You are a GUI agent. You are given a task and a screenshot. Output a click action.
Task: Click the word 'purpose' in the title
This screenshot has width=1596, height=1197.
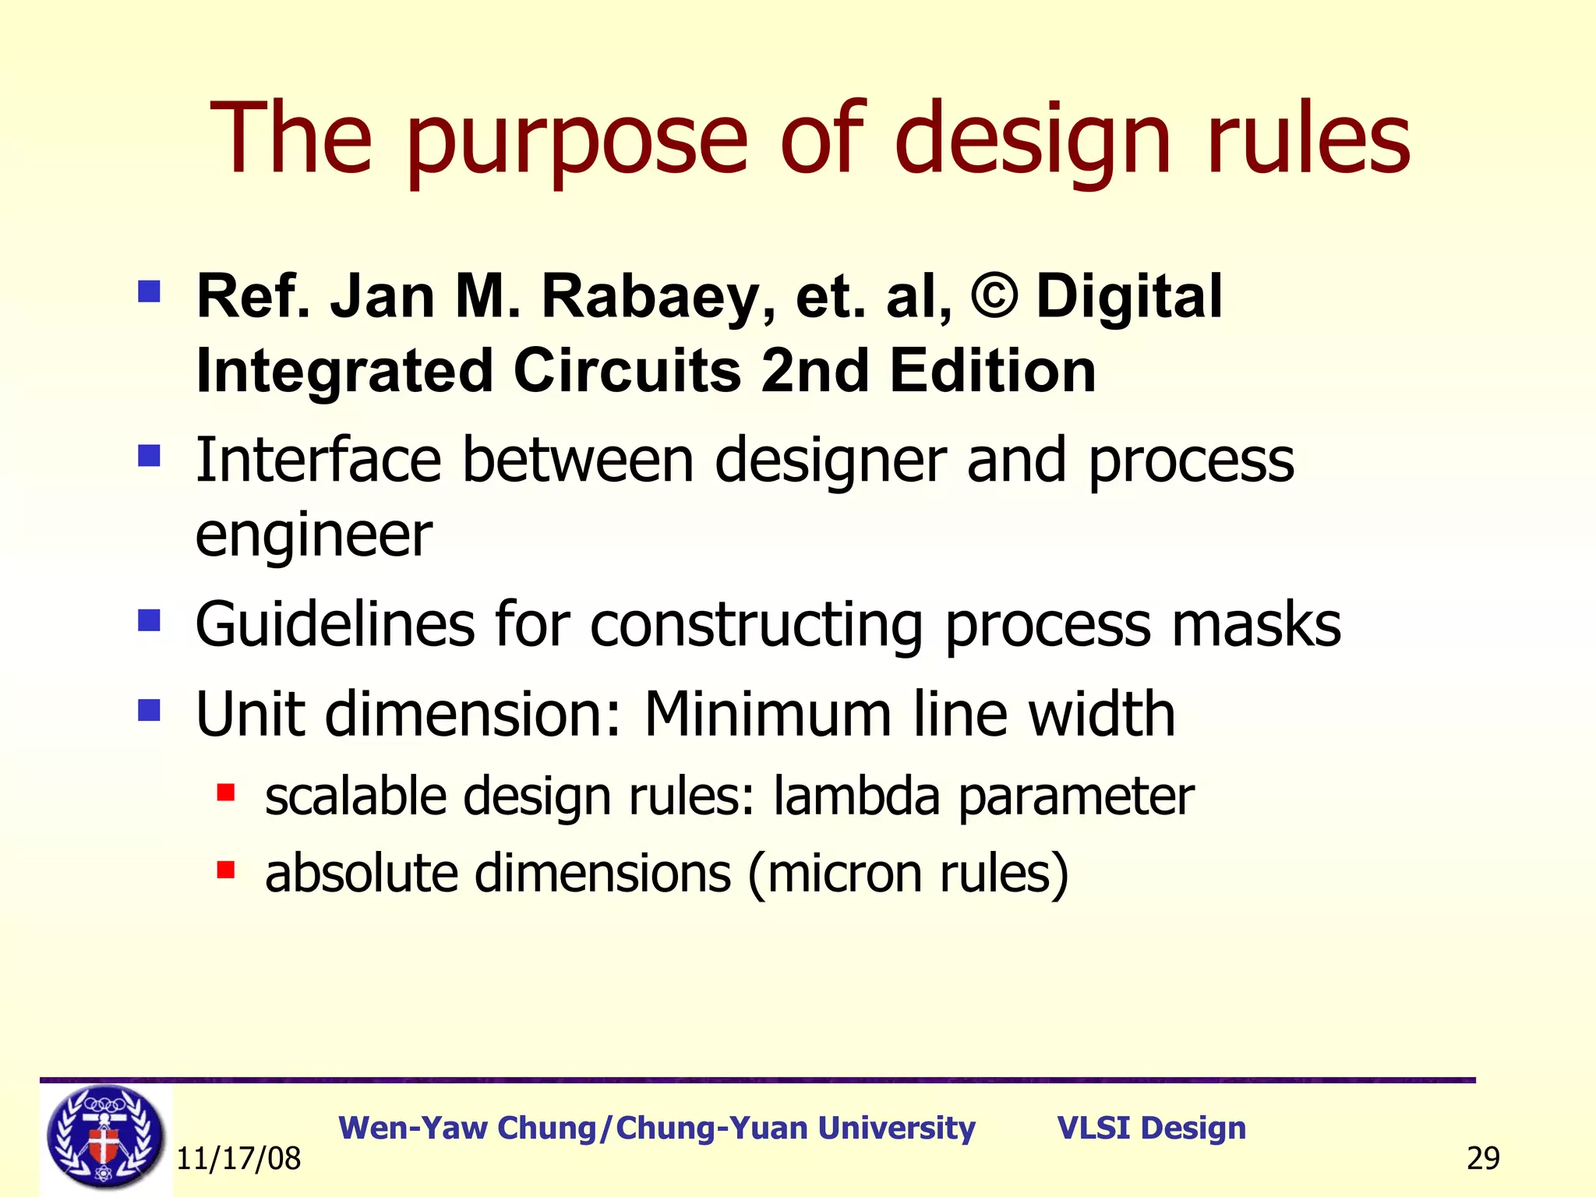[577, 140]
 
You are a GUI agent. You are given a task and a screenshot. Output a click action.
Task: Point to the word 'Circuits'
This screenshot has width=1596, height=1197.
[627, 371]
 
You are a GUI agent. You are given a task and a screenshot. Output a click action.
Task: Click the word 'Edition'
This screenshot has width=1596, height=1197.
[993, 371]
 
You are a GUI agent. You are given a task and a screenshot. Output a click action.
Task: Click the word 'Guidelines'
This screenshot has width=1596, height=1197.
[334, 624]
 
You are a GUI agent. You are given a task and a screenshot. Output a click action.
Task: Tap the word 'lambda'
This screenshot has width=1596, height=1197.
[856, 796]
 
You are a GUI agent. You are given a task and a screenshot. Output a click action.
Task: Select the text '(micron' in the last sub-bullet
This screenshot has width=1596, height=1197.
[835, 873]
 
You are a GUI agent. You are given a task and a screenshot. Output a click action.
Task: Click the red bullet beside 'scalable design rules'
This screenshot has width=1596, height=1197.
[226, 793]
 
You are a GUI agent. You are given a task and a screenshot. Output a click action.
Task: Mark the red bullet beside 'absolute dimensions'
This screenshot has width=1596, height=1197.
[226, 870]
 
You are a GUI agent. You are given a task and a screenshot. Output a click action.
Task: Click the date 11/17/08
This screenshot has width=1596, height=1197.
[238, 1159]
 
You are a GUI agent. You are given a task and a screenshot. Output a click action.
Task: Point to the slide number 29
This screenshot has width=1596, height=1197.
[1482, 1159]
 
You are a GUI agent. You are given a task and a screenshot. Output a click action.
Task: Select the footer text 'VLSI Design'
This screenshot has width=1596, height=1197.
[1151, 1128]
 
